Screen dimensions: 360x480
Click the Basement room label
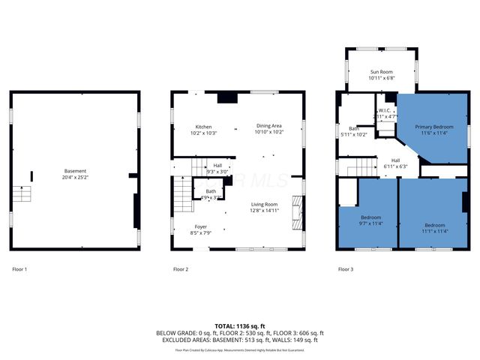pos(76,172)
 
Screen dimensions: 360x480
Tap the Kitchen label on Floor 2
pos(203,127)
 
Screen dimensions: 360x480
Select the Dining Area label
pos(268,127)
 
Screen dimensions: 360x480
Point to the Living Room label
pos(264,204)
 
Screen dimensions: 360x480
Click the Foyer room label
pos(201,226)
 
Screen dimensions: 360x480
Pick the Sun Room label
pos(381,72)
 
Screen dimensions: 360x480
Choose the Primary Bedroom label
pos(434,127)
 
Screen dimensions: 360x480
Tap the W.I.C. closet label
pos(385,111)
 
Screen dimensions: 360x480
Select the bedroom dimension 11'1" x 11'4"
pos(434,231)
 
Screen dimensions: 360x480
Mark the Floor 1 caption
pos(19,268)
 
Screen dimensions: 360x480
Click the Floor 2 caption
pos(180,268)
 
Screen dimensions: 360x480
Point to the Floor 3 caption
pos(345,268)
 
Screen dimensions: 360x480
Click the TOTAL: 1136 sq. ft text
pos(240,326)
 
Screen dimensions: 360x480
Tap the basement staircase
pos(24,196)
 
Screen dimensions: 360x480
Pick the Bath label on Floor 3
pos(352,128)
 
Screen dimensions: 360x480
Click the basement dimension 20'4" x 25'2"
pos(76,178)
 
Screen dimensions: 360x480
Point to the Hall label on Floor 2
pos(217,166)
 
